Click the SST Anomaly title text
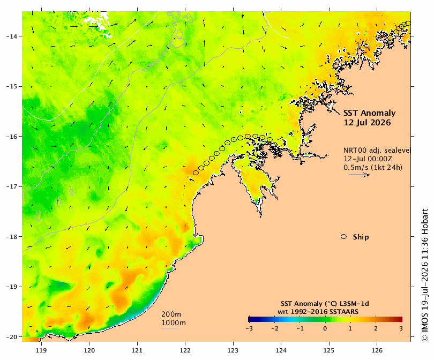pos(370,113)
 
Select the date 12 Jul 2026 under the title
pos(367,123)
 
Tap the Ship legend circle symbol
pos(344,237)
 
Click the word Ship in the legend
pos(361,237)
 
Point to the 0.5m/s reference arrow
pos(360,175)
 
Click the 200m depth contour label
pos(171,314)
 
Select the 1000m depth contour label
pos(174,323)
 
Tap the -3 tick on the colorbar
pos(249,329)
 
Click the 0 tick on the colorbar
pos(325,329)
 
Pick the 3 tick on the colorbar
pos(401,329)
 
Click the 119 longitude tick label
pos(41,350)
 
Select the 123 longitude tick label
pos(233,350)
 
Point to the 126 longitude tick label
pos(377,350)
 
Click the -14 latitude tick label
pos(11,36)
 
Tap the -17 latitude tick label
pos(11,186)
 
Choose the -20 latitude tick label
pos(11,337)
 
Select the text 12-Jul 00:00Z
pos(368,159)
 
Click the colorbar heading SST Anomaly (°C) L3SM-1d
pos(325,304)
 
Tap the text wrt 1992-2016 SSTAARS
pos(318,312)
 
